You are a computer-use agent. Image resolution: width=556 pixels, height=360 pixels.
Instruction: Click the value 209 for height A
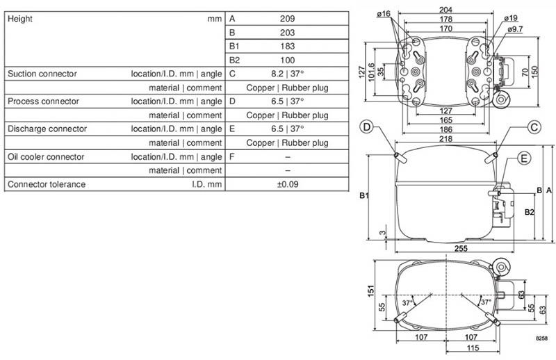[288, 19]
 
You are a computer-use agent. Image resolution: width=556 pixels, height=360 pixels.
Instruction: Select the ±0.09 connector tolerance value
[288, 184]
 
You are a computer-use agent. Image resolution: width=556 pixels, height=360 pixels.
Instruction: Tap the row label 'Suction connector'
[42, 74]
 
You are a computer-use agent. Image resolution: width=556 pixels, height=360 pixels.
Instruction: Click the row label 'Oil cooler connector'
[45, 156]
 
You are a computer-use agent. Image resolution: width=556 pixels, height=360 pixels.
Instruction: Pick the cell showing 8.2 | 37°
[288, 74]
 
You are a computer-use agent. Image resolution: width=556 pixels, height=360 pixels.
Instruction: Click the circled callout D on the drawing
[368, 126]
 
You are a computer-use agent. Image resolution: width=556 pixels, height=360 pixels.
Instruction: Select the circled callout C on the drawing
[534, 126]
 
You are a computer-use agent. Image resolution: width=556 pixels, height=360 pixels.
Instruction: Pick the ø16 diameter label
[384, 13]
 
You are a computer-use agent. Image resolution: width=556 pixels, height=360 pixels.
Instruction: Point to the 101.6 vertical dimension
[380, 72]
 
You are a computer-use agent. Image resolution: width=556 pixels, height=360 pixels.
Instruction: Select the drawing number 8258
[542, 338]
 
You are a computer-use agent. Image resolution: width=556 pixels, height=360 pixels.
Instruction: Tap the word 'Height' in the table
[20, 19]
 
